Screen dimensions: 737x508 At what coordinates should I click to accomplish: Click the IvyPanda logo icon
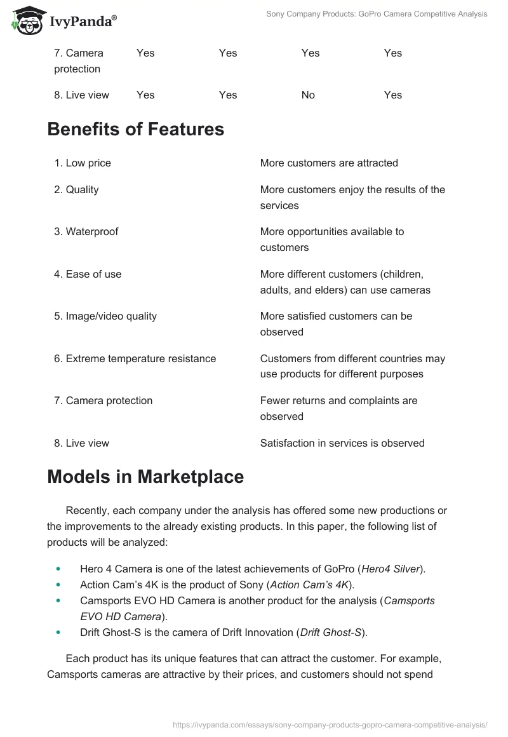26,21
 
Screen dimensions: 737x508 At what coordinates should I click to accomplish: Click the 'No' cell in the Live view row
308,95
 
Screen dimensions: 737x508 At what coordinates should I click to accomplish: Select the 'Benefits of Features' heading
135,129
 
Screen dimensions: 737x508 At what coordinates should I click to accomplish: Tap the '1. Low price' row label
83,163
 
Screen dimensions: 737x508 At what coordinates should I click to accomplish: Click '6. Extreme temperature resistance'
135,358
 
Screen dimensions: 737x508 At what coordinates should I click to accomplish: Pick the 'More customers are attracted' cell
329,163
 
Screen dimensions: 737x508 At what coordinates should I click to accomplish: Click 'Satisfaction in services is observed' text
342,443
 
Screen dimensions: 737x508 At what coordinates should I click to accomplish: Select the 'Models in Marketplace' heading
145,477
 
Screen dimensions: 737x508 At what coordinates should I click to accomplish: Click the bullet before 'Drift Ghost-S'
59,633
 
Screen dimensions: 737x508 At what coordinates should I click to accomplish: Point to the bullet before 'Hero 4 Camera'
59,569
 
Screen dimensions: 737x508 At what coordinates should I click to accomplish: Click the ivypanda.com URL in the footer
330,724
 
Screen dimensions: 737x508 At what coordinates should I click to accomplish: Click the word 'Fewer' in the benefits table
274,400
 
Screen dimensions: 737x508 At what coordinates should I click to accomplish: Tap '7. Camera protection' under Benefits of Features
103,400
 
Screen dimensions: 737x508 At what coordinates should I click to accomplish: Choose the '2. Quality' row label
76,189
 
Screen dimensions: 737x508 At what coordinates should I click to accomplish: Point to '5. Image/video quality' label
105,316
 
